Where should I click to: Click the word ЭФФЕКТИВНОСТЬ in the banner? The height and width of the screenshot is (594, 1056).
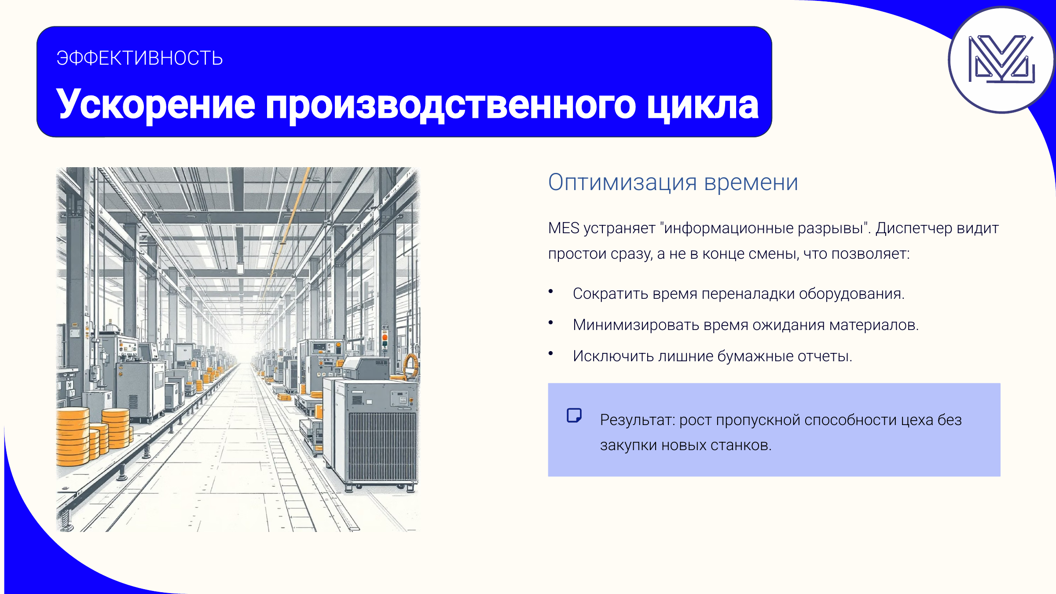coord(139,58)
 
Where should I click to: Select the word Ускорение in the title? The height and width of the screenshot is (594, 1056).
coord(156,105)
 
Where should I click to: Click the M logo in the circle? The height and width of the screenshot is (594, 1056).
coord(1001,59)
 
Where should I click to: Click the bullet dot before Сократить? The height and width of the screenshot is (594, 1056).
coord(550,291)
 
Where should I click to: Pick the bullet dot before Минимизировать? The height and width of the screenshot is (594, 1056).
coord(550,323)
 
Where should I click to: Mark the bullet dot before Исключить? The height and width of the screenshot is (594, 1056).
coord(550,353)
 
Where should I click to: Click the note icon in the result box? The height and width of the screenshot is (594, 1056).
coord(574,415)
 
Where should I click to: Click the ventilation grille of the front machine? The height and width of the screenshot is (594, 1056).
coord(382,446)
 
